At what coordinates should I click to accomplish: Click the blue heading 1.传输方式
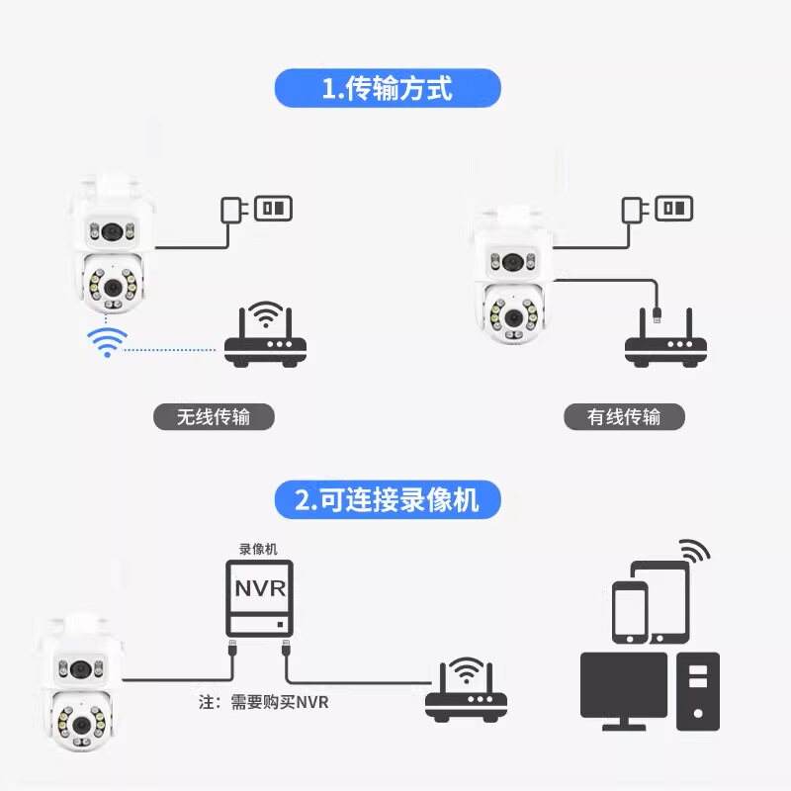pyautogui.click(x=388, y=88)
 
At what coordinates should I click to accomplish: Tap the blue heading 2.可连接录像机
pyautogui.click(x=388, y=500)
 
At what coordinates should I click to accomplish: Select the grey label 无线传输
pyautogui.click(x=214, y=417)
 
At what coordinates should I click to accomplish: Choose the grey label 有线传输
pyautogui.click(x=624, y=417)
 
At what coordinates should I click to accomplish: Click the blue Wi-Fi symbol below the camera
pyautogui.click(x=107, y=342)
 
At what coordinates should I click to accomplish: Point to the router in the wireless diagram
pyautogui.click(x=265, y=334)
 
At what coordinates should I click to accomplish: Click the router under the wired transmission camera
pyautogui.click(x=665, y=337)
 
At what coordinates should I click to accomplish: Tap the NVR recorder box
pyautogui.click(x=259, y=599)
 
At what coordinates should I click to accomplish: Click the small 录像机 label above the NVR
pyautogui.click(x=258, y=550)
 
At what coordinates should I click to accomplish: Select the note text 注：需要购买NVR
pyautogui.click(x=263, y=702)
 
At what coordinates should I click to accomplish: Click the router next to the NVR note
pyautogui.click(x=466, y=689)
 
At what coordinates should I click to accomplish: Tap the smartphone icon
pyautogui.click(x=630, y=612)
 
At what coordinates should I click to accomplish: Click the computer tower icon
pyautogui.click(x=698, y=691)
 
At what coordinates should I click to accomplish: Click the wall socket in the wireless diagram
pyautogui.click(x=274, y=209)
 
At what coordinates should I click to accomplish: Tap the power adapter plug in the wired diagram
pyautogui.click(x=634, y=210)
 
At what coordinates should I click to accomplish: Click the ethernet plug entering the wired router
pyautogui.click(x=657, y=314)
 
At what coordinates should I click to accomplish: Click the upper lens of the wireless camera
pyautogui.click(x=112, y=232)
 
